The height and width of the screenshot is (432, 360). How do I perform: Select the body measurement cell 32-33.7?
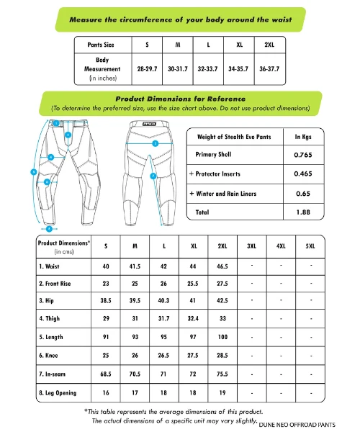207,69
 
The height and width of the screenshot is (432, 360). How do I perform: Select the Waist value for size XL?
194,266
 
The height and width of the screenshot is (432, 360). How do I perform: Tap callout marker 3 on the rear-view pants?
155,144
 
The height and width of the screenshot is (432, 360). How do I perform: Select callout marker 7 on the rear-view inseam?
153,176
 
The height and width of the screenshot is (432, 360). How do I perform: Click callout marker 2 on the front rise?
67,135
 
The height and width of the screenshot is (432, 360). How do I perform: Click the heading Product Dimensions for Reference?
180,98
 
